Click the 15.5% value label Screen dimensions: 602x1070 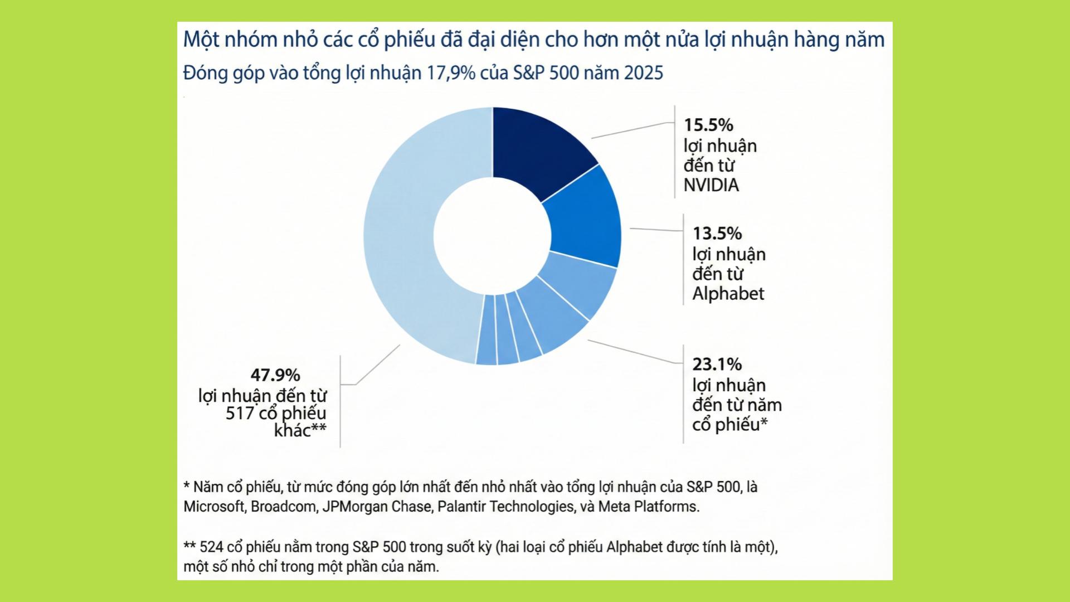pos(708,125)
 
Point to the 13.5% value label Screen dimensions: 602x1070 pos(717,233)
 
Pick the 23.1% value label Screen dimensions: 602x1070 pos(717,365)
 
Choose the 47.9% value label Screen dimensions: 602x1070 pos(275,375)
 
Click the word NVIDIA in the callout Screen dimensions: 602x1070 pos(711,185)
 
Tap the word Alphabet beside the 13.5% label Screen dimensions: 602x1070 pos(728,294)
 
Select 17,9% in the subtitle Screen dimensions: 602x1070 pos(450,73)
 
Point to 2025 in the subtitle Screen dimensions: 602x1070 pos(644,73)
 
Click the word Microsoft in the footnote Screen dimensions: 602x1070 pos(214,507)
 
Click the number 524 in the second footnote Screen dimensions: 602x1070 pos(212,547)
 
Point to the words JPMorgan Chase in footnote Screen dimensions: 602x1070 pos(377,507)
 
